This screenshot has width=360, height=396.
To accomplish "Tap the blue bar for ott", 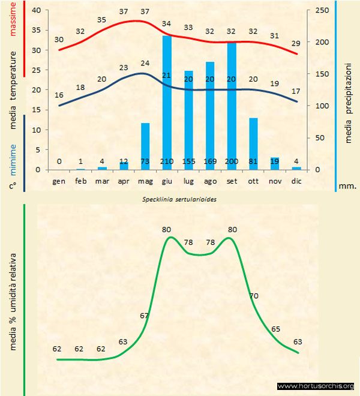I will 253,144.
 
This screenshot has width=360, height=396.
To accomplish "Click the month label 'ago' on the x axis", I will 210,181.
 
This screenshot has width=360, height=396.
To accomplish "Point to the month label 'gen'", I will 59,181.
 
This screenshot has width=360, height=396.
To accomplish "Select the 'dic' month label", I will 296,181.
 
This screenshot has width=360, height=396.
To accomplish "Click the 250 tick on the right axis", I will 322,10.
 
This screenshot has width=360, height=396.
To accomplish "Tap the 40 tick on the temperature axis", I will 36,10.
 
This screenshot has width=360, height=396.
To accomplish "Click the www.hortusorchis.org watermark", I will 316,386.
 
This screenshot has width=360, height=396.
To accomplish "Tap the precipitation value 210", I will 167,161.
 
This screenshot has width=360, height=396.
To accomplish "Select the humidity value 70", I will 254,295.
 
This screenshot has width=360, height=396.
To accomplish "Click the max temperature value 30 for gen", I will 59,40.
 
